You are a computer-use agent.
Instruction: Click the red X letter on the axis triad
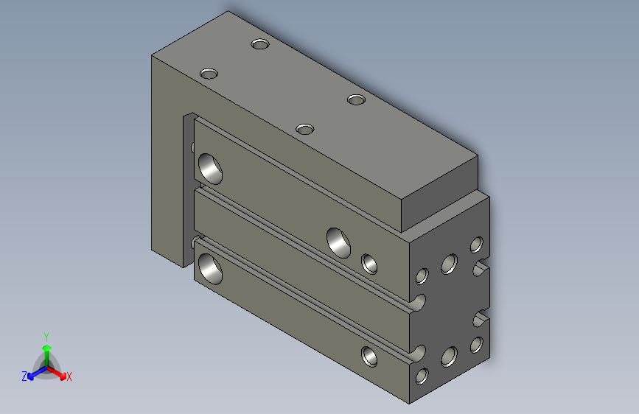[x=69, y=377]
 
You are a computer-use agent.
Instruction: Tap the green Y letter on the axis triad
[x=46, y=335]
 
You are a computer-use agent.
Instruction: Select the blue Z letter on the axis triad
[x=24, y=376]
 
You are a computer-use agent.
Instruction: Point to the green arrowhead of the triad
[x=46, y=347]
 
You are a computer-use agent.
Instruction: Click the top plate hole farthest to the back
[x=259, y=44]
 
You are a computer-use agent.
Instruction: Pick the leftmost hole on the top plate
[x=209, y=74]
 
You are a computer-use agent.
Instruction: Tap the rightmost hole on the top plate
[x=357, y=99]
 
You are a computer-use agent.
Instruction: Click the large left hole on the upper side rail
[x=210, y=168]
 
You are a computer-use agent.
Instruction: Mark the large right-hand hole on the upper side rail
[x=340, y=242]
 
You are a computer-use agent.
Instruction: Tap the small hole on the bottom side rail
[x=370, y=357]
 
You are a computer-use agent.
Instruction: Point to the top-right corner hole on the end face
[x=477, y=245]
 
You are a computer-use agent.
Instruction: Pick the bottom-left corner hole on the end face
[x=422, y=376]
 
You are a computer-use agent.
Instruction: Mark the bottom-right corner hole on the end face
[x=477, y=344]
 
